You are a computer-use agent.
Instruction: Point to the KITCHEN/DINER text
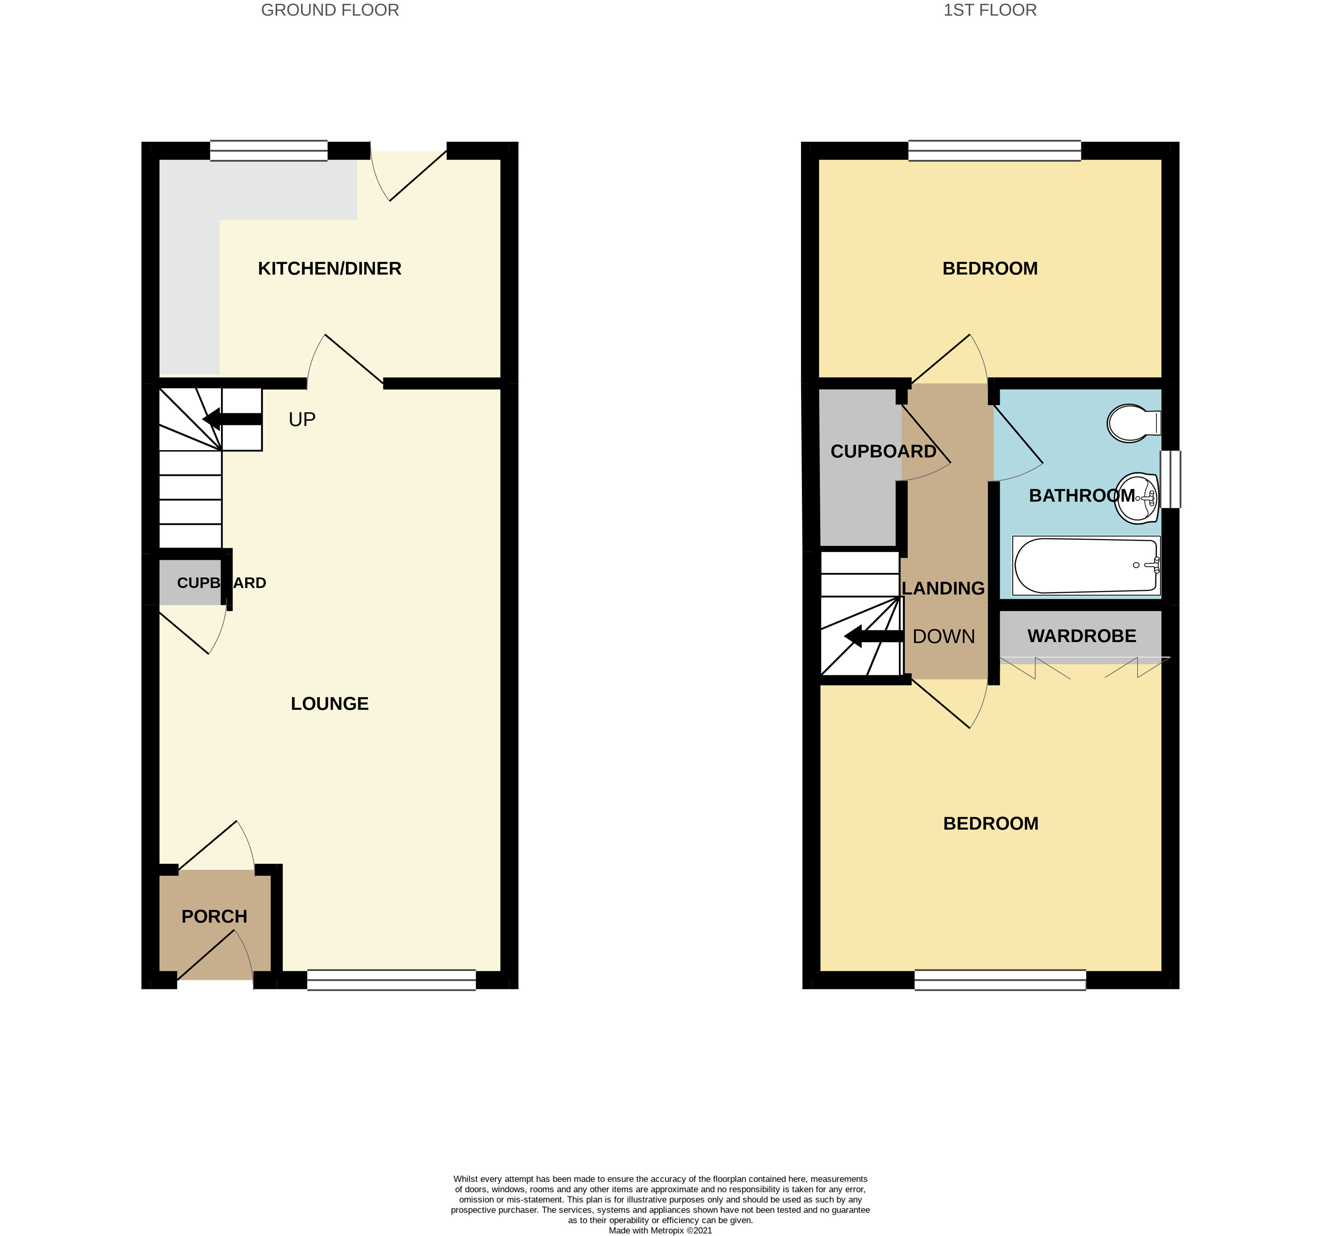click(330, 269)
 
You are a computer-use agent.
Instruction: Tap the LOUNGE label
click(330, 704)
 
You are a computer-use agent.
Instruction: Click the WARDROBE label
click(1082, 636)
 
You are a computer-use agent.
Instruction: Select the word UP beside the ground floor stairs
click(302, 419)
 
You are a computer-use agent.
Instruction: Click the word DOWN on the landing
click(944, 636)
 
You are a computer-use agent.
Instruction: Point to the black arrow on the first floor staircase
click(874, 636)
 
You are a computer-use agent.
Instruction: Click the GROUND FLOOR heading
click(330, 10)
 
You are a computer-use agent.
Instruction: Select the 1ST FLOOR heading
click(990, 10)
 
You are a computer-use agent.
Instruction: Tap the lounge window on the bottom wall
click(391, 980)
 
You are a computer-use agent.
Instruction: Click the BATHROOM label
click(1082, 496)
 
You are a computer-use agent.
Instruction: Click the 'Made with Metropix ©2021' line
click(661, 1230)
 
